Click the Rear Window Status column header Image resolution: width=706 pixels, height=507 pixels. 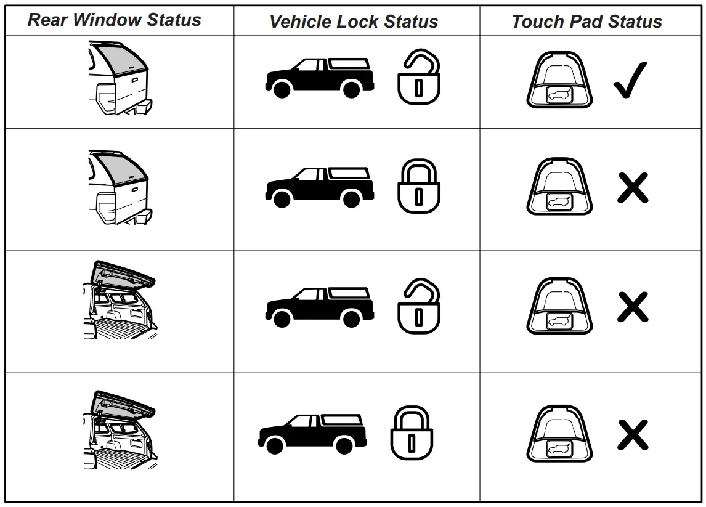[x=115, y=20]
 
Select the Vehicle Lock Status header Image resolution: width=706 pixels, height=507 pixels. [x=354, y=22]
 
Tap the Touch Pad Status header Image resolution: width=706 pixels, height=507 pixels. [x=586, y=22]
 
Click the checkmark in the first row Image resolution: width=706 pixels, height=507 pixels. [x=630, y=81]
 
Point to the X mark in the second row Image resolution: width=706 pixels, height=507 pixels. [x=633, y=188]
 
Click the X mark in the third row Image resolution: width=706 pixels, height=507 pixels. [x=633, y=307]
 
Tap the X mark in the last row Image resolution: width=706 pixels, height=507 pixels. [x=633, y=435]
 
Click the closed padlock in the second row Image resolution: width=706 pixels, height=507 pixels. [x=419, y=187]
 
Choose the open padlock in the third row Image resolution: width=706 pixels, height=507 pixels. [x=419, y=306]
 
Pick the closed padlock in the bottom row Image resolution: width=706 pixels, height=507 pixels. [x=412, y=432]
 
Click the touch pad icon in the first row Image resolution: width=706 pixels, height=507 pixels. [x=559, y=80]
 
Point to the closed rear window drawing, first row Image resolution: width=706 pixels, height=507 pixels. [x=120, y=78]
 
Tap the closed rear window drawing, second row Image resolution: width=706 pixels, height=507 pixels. [x=120, y=187]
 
